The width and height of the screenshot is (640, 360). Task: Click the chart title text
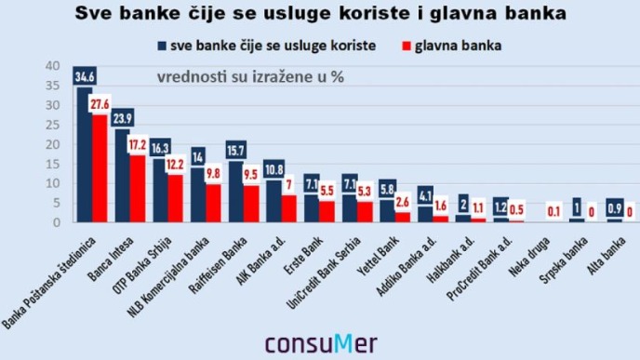[319, 16]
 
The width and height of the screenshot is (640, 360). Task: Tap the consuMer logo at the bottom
[319, 342]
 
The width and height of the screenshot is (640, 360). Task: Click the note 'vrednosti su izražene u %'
[250, 76]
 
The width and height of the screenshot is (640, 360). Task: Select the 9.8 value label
[214, 174]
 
